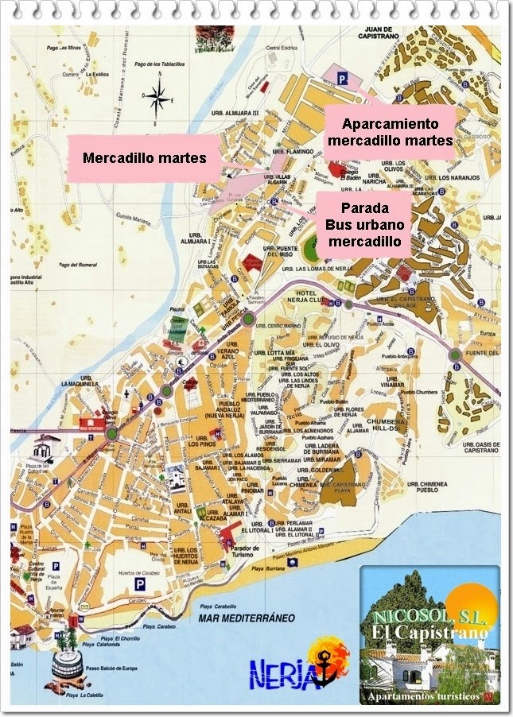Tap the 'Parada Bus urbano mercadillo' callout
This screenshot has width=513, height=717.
tap(363, 223)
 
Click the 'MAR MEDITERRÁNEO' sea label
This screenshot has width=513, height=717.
tap(237, 617)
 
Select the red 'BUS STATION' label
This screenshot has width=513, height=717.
tap(92, 427)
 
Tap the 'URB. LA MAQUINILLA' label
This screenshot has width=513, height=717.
tap(78, 383)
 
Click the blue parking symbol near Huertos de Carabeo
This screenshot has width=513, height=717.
tap(139, 584)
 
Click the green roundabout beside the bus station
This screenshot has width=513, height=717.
tap(111, 433)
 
